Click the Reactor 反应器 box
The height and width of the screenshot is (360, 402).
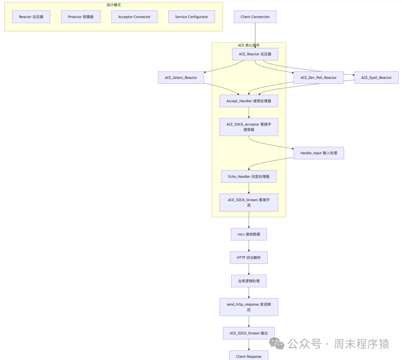click(31, 17)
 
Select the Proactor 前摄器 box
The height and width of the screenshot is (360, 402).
click(81, 17)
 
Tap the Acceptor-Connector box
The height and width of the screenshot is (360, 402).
click(134, 17)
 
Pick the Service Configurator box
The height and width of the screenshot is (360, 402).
click(192, 17)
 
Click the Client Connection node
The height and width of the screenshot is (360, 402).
click(255, 17)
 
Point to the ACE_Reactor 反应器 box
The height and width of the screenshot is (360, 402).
click(255, 54)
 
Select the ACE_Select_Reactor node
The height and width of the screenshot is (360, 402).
click(181, 78)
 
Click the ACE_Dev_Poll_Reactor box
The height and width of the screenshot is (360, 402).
click(318, 78)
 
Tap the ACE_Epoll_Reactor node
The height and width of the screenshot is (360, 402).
click(376, 78)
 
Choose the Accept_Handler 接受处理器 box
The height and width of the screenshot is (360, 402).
click(249, 101)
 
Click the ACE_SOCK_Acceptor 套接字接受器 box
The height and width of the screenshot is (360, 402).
click(249, 127)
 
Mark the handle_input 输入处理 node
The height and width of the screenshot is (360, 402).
click(319, 153)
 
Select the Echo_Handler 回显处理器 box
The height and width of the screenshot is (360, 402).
click(249, 177)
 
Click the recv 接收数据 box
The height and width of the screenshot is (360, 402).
click(249, 234)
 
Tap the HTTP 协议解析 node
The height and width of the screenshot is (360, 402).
click(249, 257)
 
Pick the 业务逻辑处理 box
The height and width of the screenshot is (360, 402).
click(249, 281)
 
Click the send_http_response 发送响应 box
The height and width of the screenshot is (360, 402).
click(249, 307)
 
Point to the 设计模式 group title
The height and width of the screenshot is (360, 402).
click(114, 5)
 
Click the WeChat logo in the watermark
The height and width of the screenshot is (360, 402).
click(277, 344)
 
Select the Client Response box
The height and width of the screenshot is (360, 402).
click(249, 356)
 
